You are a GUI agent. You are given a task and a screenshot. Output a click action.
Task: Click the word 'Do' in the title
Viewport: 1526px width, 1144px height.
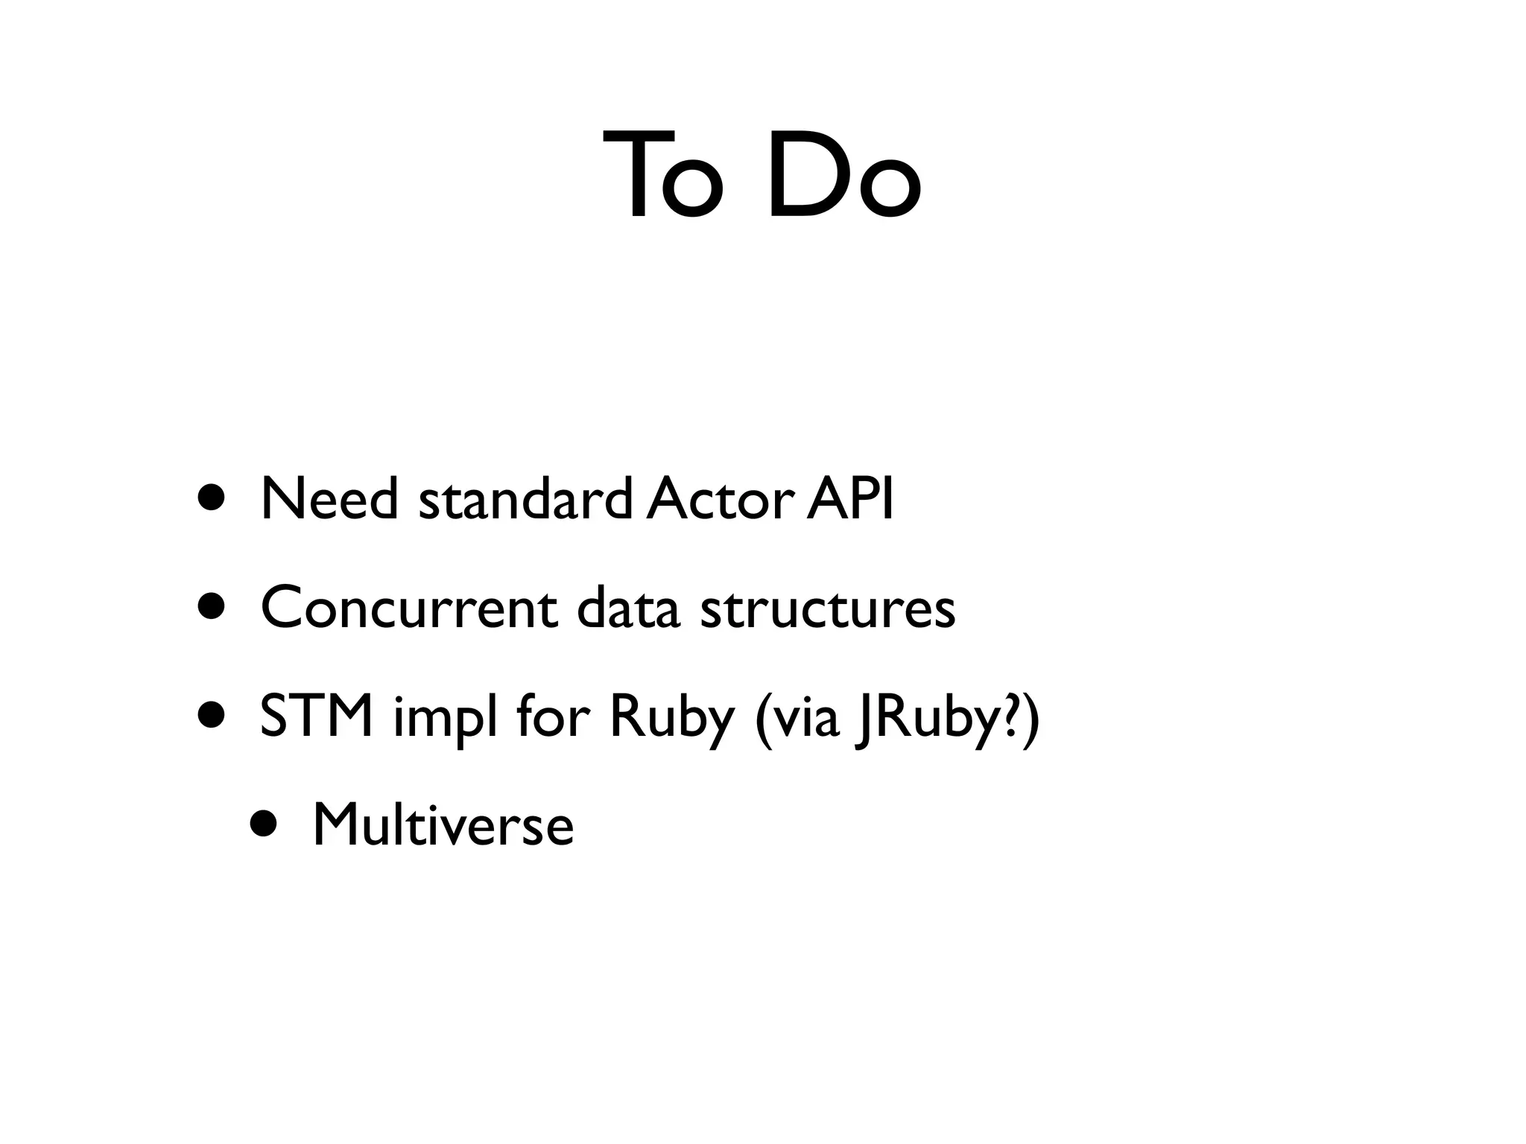(x=844, y=177)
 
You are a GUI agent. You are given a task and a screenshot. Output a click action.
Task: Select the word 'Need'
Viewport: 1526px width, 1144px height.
(x=329, y=499)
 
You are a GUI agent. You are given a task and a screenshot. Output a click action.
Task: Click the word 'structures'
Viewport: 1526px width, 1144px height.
(x=827, y=608)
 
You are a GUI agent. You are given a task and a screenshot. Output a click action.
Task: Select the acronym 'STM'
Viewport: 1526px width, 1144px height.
(x=317, y=716)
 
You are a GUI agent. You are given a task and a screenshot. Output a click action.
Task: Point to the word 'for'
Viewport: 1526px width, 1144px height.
(x=553, y=716)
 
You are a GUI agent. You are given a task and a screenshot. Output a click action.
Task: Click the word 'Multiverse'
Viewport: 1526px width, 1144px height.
(x=443, y=825)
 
